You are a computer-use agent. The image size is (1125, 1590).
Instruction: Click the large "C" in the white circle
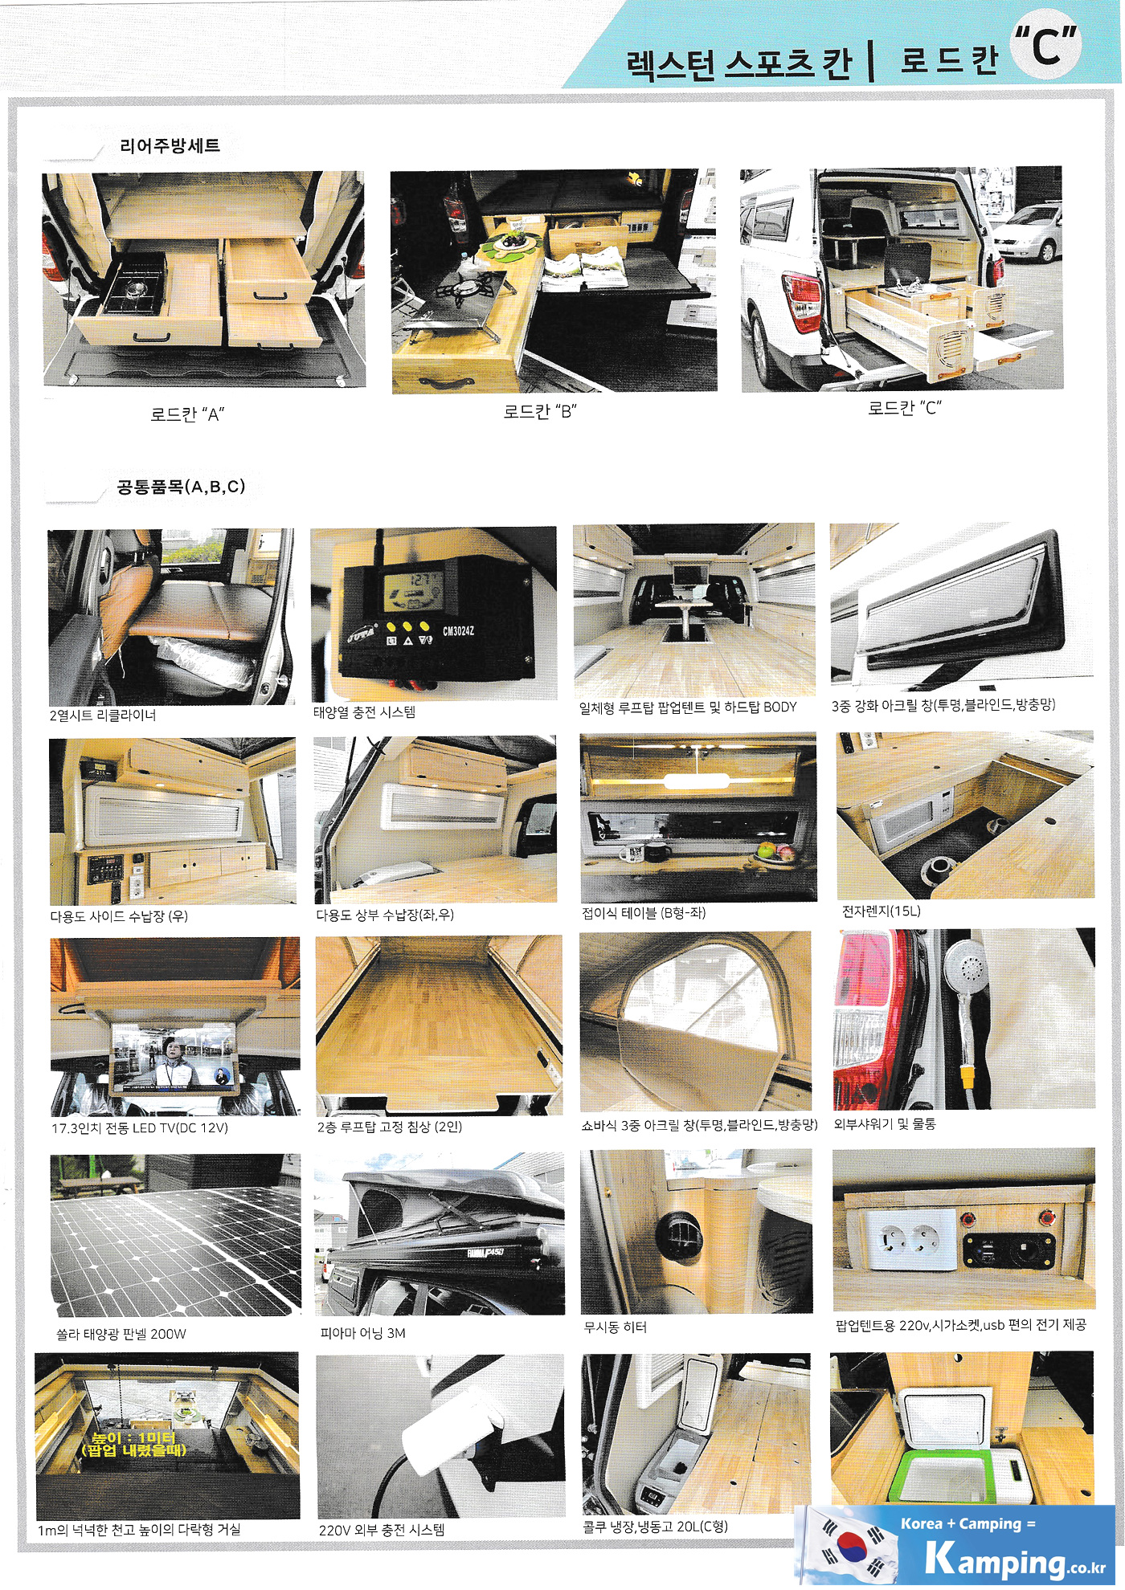click(x=1045, y=47)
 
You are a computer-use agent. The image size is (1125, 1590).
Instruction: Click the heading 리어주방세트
click(x=170, y=145)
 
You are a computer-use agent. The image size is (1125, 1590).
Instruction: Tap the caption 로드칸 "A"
click(x=187, y=414)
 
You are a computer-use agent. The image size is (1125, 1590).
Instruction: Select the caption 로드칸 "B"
click(x=540, y=411)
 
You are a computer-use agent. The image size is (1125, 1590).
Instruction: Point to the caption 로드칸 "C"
click(x=904, y=407)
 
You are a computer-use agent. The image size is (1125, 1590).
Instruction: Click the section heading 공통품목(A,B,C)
click(x=182, y=486)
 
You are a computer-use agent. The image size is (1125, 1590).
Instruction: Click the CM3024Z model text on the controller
click(x=459, y=631)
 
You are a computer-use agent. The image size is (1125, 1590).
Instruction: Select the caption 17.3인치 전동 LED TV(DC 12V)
click(x=140, y=1127)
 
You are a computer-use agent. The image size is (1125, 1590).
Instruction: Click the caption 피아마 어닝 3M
click(x=362, y=1333)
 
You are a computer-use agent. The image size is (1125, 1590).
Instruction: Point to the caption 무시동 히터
click(x=616, y=1327)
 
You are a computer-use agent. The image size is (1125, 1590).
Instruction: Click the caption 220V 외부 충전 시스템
click(x=382, y=1530)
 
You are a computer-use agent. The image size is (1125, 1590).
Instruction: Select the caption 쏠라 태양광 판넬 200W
click(x=121, y=1334)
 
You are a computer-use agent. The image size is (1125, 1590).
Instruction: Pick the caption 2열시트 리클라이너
click(x=103, y=715)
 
